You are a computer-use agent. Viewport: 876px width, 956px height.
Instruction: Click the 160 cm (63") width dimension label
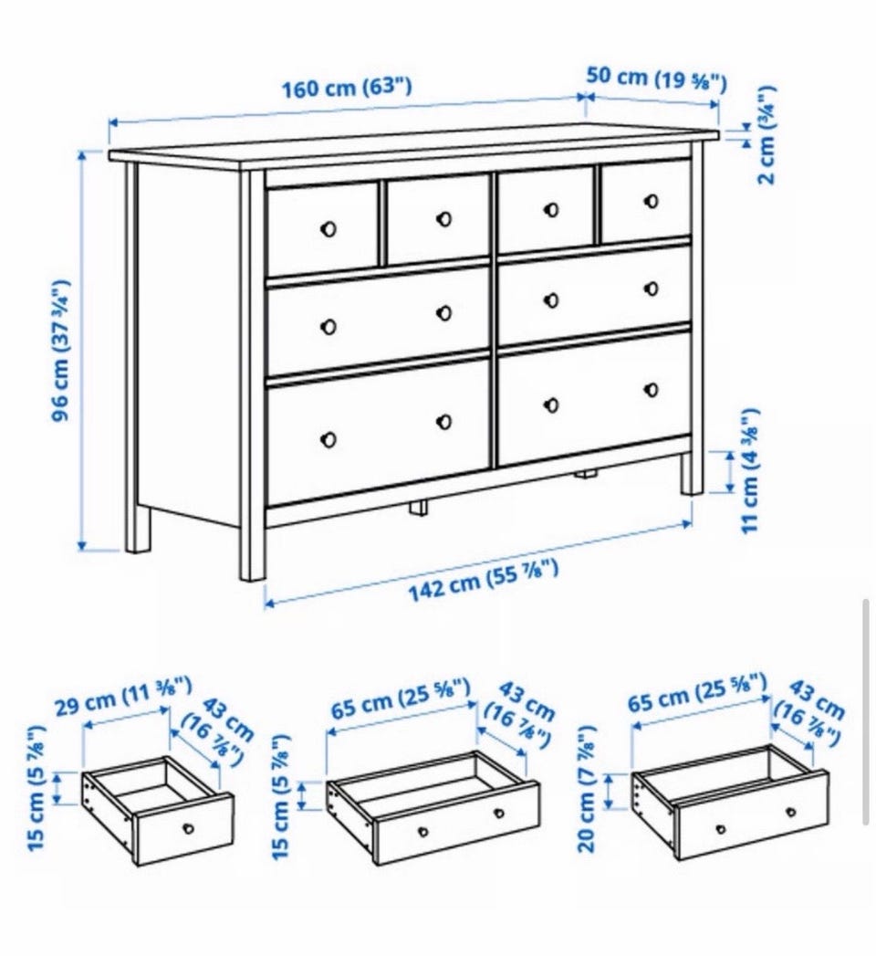(346, 87)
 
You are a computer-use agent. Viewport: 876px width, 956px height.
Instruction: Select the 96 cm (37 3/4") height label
(61, 350)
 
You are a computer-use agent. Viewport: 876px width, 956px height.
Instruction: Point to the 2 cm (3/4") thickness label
(766, 135)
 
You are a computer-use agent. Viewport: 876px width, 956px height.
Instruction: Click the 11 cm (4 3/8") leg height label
(750, 470)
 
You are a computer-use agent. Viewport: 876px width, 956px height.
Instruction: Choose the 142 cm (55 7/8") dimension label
(483, 580)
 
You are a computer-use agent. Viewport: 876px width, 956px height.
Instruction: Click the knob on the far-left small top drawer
(328, 229)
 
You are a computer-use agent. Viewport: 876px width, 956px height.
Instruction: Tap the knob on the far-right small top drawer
(652, 201)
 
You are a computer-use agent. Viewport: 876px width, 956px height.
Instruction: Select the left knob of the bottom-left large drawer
(328, 439)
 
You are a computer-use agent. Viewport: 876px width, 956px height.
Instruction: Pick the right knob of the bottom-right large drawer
(652, 389)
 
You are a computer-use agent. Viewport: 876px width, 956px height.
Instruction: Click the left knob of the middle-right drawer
(551, 300)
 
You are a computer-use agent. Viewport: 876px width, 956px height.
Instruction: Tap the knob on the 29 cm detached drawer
(188, 828)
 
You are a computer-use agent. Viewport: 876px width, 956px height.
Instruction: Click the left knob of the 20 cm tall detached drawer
(721, 829)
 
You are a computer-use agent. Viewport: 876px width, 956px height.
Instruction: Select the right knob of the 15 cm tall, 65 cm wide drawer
(499, 814)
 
